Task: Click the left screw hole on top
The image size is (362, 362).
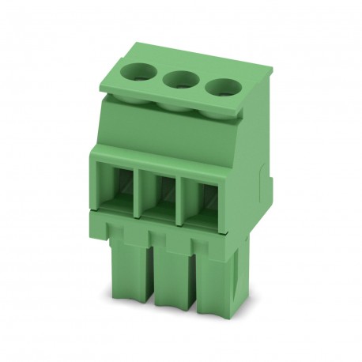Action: pyautogui.click(x=139, y=75)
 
